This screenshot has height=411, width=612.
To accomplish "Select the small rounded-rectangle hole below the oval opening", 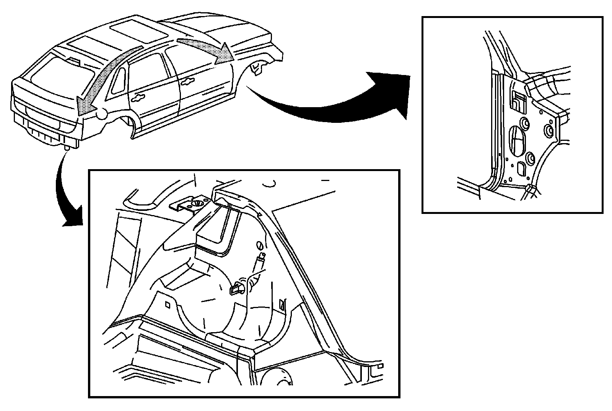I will (x=521, y=168).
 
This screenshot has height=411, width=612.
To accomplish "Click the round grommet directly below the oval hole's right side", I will (x=531, y=157).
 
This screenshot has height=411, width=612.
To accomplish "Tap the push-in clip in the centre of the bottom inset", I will (x=236, y=288).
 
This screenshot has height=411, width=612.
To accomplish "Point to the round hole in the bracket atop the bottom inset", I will (x=198, y=204).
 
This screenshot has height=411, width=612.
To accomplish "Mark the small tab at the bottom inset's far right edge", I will (x=379, y=366).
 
